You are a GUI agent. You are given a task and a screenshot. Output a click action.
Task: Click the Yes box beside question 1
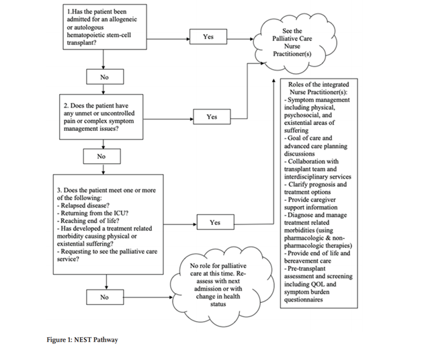(x=208, y=36)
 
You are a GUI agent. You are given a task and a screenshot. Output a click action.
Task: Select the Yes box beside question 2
(x=212, y=116)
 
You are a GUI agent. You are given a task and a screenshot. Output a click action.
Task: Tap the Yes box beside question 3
(x=215, y=222)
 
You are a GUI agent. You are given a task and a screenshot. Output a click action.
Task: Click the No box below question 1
(x=105, y=77)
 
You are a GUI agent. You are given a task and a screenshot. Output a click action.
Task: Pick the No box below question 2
(x=101, y=156)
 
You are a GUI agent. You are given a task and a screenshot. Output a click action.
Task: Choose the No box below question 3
(x=105, y=297)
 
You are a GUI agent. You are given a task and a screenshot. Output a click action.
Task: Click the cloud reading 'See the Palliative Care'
(x=295, y=43)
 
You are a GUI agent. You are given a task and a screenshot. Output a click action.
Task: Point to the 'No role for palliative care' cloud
(x=223, y=287)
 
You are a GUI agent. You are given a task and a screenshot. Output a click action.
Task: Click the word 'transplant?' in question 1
(x=81, y=43)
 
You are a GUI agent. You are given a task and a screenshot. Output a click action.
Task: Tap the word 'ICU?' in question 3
(x=121, y=213)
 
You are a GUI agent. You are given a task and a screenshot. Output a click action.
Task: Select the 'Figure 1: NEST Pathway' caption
(x=82, y=340)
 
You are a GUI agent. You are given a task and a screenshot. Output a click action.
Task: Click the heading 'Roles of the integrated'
(x=319, y=85)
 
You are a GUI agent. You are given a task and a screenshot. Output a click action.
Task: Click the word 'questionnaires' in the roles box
(x=304, y=300)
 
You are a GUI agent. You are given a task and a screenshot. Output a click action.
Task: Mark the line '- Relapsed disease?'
(x=83, y=206)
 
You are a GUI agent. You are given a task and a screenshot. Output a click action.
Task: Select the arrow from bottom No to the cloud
(x=149, y=298)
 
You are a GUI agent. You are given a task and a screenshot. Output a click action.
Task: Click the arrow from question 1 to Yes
(x=168, y=39)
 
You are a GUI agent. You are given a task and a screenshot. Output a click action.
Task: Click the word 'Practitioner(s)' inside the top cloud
(x=292, y=54)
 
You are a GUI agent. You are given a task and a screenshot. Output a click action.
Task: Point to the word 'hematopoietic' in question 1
(x=86, y=35)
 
